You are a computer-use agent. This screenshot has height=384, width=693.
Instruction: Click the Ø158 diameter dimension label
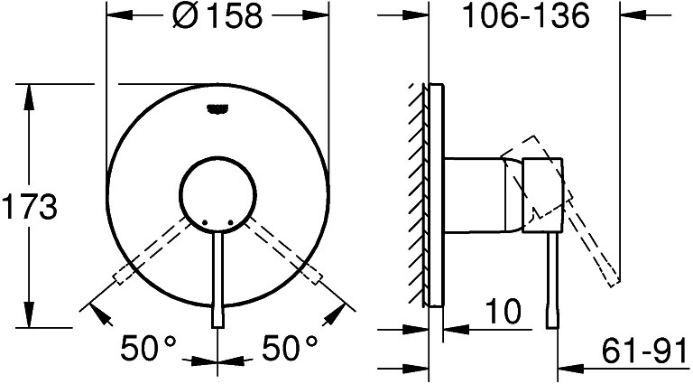coord(217,17)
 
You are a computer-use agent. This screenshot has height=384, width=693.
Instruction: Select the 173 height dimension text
coord(30,207)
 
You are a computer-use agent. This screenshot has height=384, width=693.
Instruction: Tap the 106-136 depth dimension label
coord(525,17)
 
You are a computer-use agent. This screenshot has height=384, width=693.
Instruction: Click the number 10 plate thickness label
coord(504,311)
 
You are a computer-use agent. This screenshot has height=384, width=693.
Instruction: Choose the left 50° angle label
coord(149,347)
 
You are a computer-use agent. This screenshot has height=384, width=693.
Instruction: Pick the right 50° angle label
coord(290,347)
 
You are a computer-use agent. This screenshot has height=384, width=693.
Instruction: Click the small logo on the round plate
coord(217,108)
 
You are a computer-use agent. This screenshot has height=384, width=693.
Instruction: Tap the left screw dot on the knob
coord(204,222)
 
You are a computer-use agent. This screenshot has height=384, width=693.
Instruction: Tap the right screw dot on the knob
coord(231,222)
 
